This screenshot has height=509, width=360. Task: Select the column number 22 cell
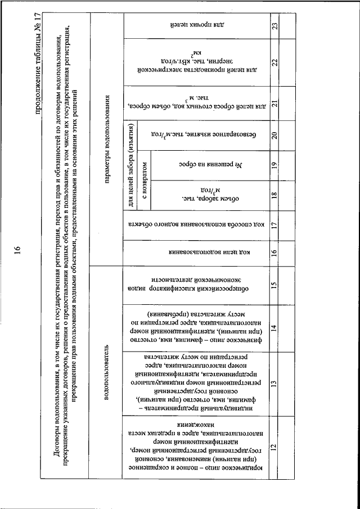point(273,62)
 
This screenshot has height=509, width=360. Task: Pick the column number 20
point(273,136)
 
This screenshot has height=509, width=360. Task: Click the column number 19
point(273,166)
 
